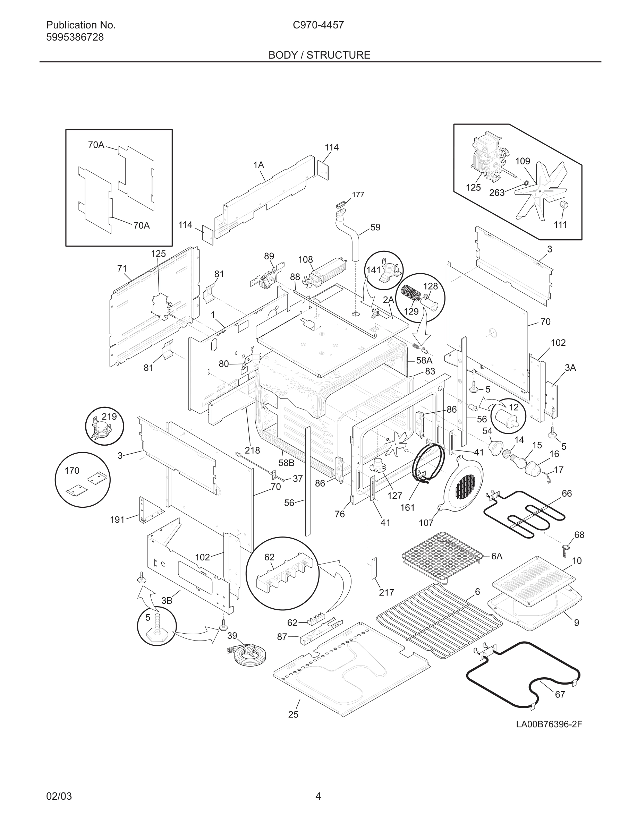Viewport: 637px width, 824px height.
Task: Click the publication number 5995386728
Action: click(75, 37)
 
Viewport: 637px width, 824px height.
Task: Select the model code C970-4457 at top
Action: click(318, 25)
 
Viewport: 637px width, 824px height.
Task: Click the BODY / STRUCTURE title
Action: click(319, 55)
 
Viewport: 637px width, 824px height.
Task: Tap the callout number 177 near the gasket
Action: click(358, 195)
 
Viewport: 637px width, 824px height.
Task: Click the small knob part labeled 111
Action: click(564, 205)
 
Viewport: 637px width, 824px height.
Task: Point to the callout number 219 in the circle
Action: click(109, 417)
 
